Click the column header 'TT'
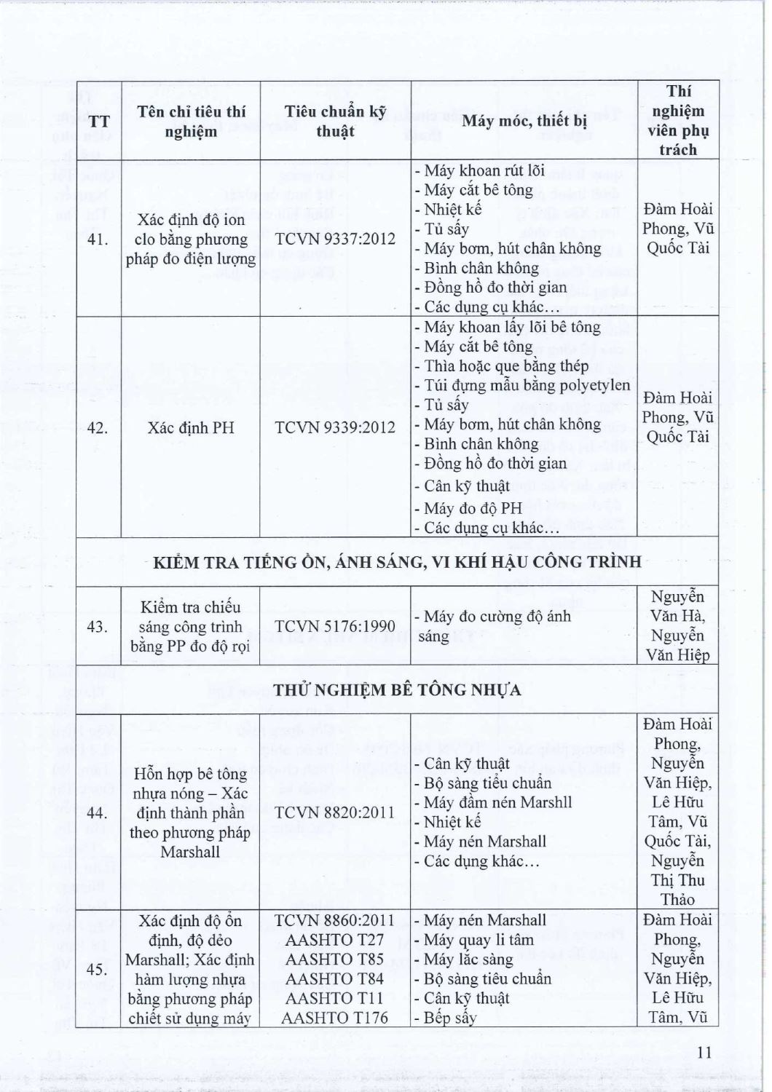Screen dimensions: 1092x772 coord(98,121)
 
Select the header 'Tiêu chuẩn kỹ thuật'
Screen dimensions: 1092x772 coord(335,121)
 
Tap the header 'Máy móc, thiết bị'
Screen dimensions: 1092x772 coord(524,121)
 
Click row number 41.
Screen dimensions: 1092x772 coord(98,239)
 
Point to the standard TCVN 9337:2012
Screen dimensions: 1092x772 coord(335,239)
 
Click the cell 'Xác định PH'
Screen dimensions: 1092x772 coord(191,427)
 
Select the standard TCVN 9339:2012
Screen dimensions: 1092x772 coord(335,427)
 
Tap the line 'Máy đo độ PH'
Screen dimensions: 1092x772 coord(473,508)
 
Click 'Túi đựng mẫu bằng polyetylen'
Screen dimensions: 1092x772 coord(527,385)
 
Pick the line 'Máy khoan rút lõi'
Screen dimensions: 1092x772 coord(484,171)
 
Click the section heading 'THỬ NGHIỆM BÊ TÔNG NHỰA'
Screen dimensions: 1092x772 coord(398,689)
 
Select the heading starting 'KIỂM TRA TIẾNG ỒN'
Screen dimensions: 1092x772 coord(398,562)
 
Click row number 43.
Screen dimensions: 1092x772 coord(98,626)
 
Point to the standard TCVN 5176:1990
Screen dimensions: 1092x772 coord(335,626)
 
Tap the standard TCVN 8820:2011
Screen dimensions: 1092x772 coord(335,812)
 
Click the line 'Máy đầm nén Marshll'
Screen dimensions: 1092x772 coord(498,802)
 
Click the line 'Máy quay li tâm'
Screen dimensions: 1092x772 coord(479,940)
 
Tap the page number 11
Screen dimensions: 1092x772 coord(704,1052)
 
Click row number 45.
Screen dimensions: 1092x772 coord(98,969)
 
